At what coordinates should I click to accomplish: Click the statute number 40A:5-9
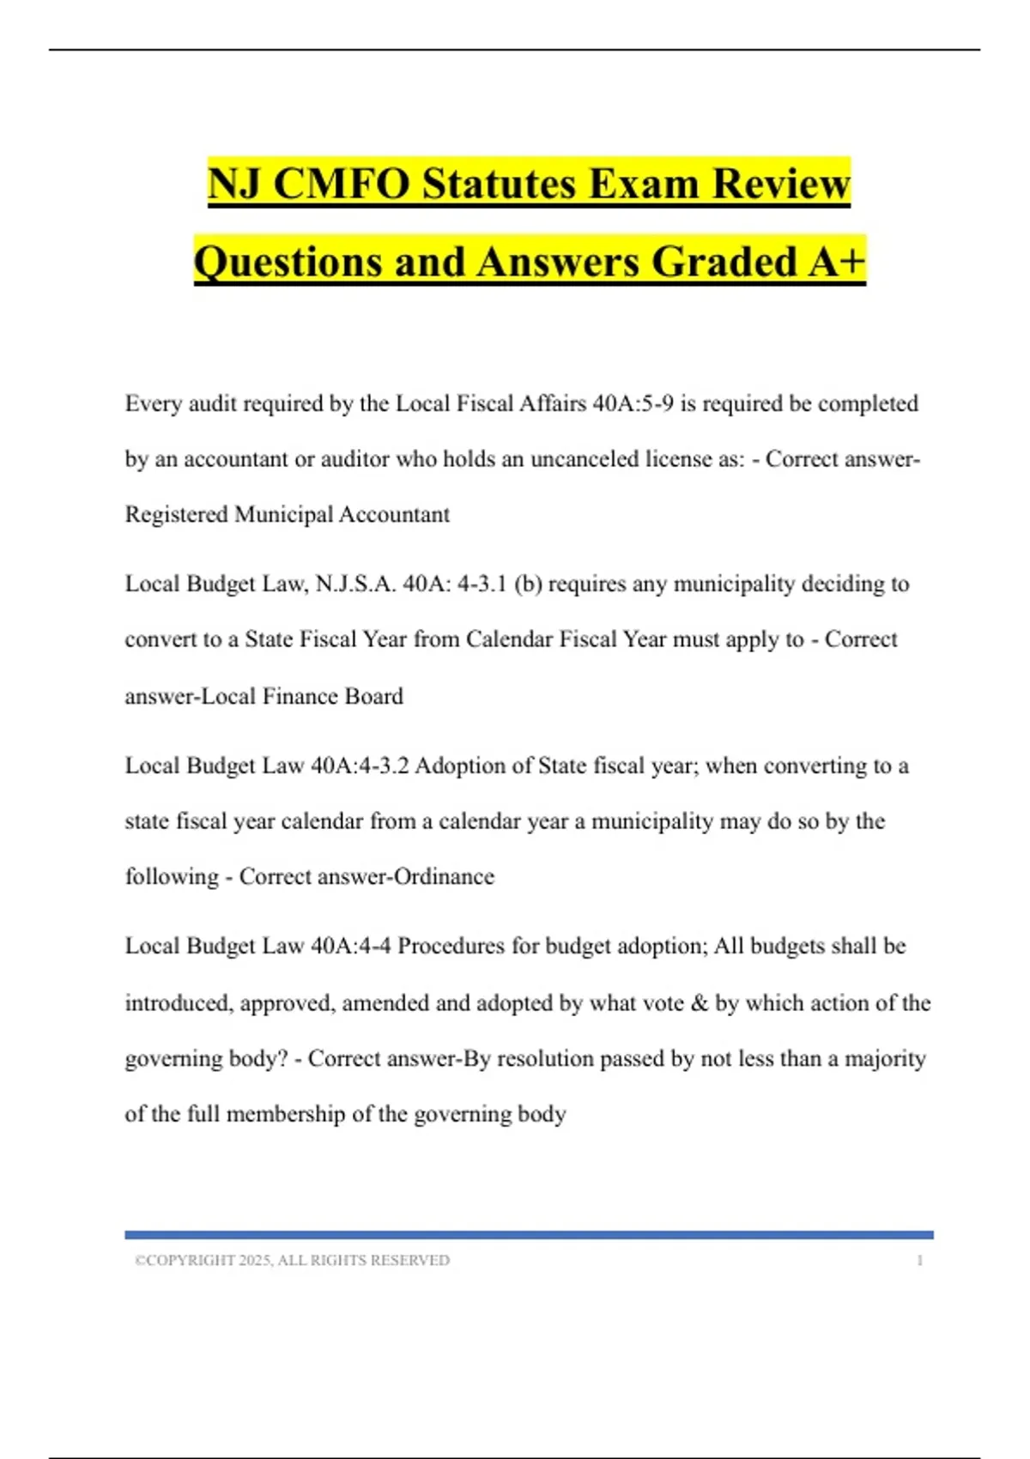[633, 403]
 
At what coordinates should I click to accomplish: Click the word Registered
[177, 515]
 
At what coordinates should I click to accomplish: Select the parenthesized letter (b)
[528, 584]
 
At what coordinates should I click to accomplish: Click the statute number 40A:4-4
[350, 946]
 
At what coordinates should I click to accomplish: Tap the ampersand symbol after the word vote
[700, 1002]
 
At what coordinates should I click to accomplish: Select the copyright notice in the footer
[292, 1260]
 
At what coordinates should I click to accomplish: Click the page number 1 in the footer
[920, 1260]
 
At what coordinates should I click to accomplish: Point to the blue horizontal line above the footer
[529, 1235]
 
